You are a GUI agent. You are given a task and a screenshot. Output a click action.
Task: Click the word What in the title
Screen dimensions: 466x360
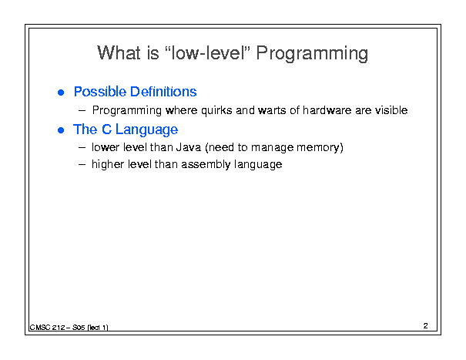[119, 53]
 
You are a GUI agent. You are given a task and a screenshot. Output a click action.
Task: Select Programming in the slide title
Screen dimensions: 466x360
[312, 54]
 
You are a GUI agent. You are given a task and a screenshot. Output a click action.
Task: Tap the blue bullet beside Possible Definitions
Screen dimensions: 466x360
[61, 93]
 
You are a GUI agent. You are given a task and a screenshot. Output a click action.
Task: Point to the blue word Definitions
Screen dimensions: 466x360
[163, 92]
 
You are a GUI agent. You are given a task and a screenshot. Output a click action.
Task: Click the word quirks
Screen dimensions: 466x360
[216, 111]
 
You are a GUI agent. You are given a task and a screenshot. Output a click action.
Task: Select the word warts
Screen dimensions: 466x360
[268, 111]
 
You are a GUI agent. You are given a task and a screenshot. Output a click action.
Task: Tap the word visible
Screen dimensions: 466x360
[391, 110]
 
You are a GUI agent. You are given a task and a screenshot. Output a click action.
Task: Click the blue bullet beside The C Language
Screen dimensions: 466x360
[61, 130]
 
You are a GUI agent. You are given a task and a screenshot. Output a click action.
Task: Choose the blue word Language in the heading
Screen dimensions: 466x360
[146, 130]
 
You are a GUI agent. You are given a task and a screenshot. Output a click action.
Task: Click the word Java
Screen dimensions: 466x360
[189, 147]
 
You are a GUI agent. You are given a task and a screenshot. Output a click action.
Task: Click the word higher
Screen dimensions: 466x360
[107, 164]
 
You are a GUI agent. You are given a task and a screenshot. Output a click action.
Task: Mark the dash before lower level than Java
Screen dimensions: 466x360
[82, 147]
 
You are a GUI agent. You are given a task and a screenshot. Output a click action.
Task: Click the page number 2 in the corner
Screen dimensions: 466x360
[425, 326]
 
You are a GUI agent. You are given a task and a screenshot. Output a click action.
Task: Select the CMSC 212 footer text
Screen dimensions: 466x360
[69, 328]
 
